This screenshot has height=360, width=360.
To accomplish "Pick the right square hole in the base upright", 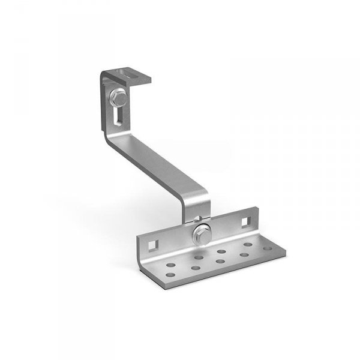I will pyautogui.click(x=244, y=221).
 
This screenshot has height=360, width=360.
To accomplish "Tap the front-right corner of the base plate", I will pyautogui.click(x=280, y=247).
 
